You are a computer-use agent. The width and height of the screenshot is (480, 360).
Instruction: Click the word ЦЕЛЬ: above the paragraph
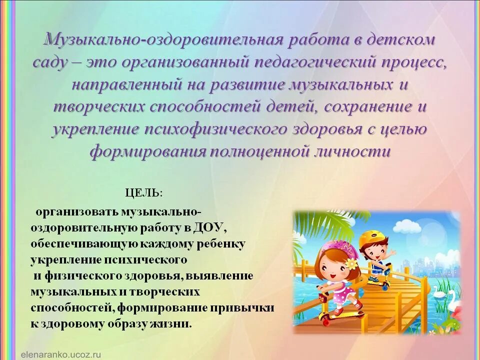pos(144,192)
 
